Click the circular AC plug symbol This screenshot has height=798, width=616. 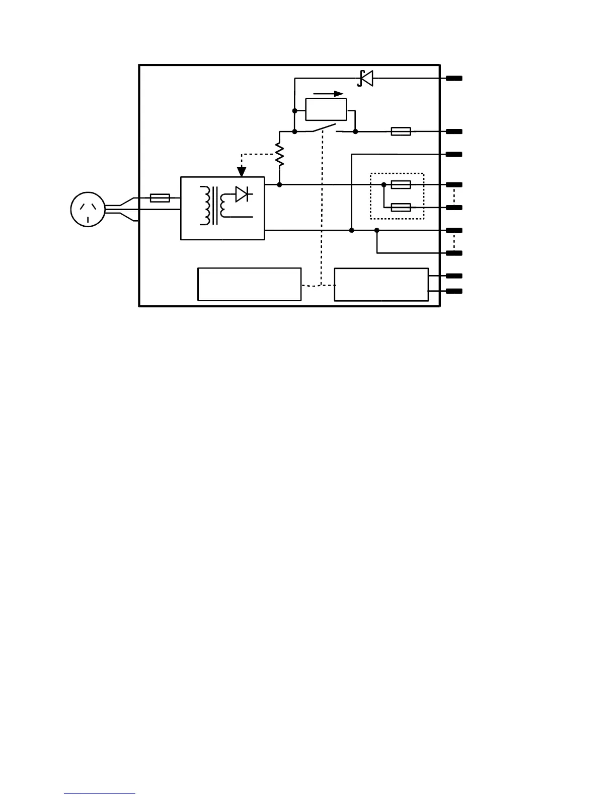tap(88, 209)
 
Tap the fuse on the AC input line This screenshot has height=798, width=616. tap(160, 198)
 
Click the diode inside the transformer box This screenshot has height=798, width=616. tap(242, 194)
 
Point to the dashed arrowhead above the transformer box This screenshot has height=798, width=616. tap(242, 171)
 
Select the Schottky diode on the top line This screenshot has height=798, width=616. tap(366, 78)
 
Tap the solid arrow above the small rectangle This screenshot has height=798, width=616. tap(328, 94)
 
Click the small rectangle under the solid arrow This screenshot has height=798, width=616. tap(326, 109)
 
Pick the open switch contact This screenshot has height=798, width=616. tap(325, 128)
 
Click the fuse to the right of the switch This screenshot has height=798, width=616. tap(401, 131)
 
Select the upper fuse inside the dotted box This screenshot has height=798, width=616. tap(401, 185)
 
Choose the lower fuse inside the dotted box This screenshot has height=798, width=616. tap(401, 207)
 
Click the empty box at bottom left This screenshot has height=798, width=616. tap(250, 284)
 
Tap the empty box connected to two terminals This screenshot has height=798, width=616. tap(381, 285)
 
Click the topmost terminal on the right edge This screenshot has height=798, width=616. tap(454, 79)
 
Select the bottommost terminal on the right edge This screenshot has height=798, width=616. tap(454, 291)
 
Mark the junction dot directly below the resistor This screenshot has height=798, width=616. tap(279, 185)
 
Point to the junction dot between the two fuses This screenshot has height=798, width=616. tap(383, 185)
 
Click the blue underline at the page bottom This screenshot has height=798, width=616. tap(100, 793)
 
